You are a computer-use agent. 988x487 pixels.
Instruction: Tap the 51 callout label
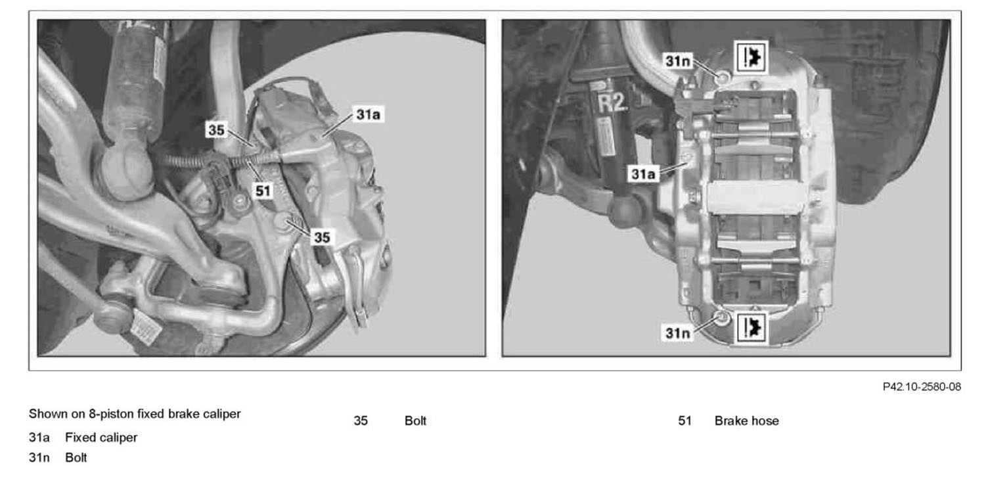[x=263, y=191]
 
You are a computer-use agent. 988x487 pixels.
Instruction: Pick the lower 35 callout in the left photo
[x=322, y=237]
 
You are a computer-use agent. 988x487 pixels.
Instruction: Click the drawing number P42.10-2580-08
[x=921, y=387]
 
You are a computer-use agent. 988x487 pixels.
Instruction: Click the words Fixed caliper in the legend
[x=101, y=438]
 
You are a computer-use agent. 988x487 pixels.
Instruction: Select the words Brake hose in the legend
[x=746, y=421]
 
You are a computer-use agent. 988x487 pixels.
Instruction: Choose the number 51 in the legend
[x=685, y=421]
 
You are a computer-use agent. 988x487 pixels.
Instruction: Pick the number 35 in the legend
[x=361, y=421]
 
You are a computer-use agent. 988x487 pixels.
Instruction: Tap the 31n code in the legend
[x=39, y=457]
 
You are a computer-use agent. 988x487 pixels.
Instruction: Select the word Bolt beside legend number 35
[x=415, y=421]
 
